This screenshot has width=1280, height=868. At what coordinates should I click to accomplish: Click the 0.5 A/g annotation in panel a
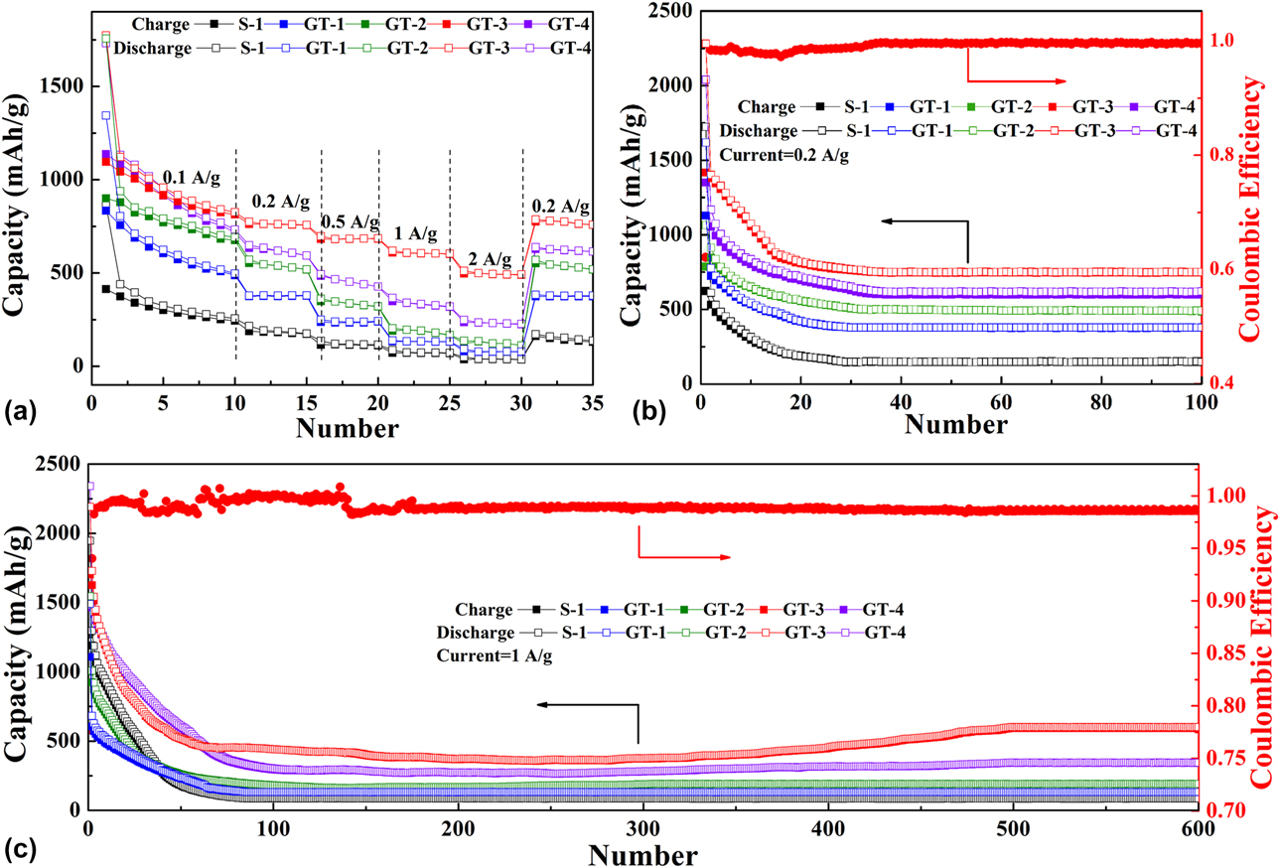350,220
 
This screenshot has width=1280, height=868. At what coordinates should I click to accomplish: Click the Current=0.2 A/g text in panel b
784,155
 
